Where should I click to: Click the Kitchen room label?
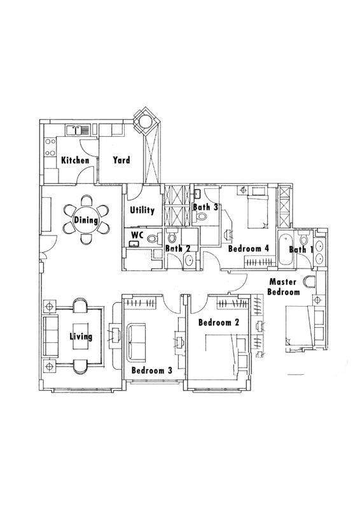click(75, 160)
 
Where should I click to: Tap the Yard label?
click(121, 160)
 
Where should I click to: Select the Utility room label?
click(142, 211)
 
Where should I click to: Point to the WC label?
click(137, 234)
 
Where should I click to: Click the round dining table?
click(86, 220)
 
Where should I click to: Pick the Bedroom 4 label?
click(249, 249)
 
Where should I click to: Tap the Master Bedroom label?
click(284, 287)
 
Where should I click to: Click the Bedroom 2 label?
click(219, 323)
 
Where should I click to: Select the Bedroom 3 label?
click(152, 370)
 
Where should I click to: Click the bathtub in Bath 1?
click(286, 249)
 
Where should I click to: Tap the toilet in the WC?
click(153, 239)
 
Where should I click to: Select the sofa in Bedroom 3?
click(135, 342)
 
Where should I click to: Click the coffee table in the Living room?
click(81, 336)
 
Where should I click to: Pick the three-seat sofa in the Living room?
click(51, 336)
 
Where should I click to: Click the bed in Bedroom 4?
click(258, 208)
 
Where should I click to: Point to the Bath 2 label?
click(177, 249)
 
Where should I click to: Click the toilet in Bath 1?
click(304, 239)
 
